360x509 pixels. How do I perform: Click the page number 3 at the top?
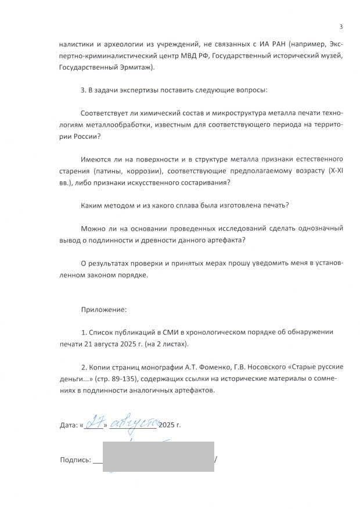click(341, 27)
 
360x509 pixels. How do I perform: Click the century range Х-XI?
click(335, 170)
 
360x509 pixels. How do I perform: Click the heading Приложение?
click(105, 309)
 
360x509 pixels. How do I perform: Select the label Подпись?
click(75, 460)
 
